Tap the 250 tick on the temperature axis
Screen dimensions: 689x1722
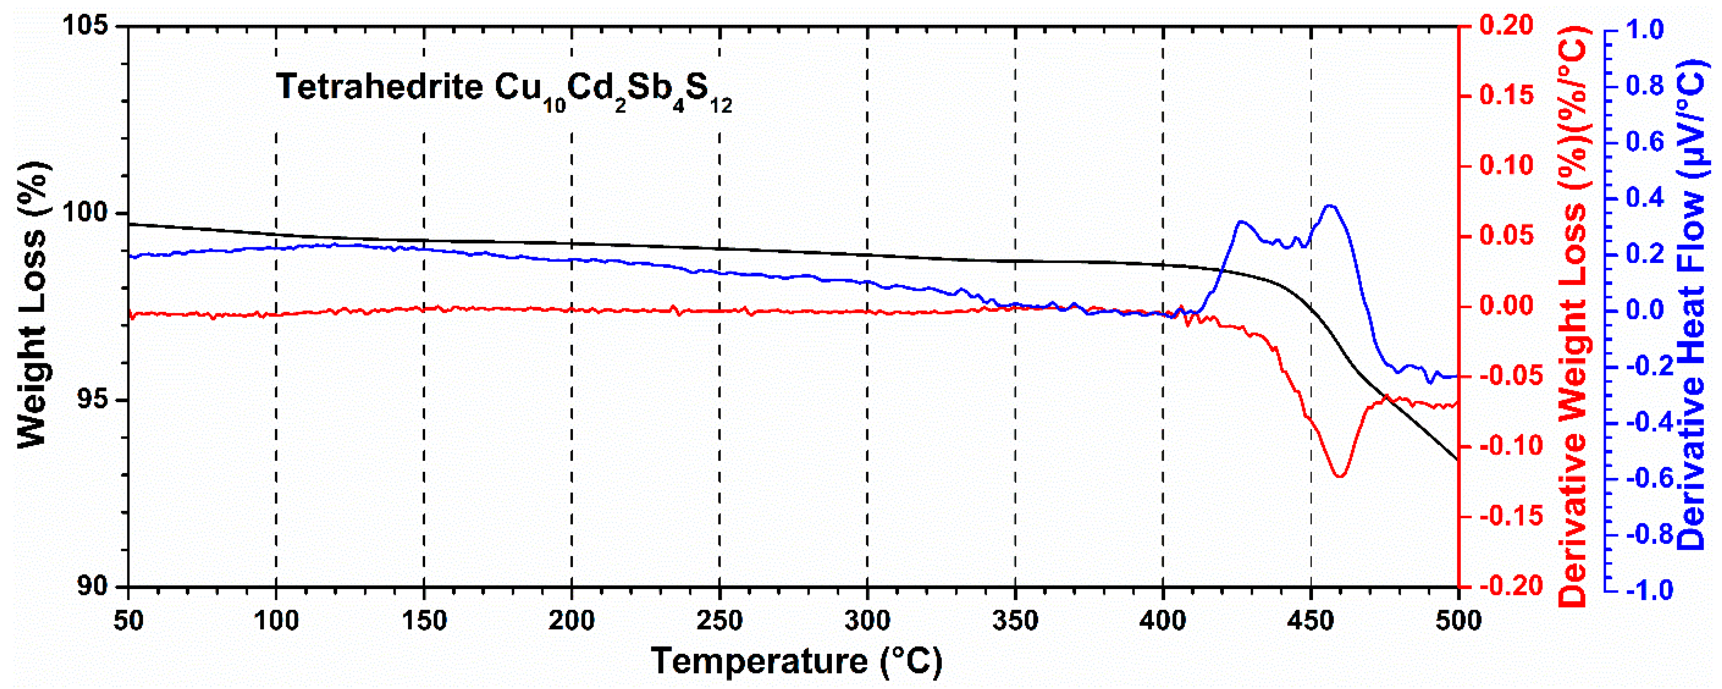pyautogui.click(x=719, y=621)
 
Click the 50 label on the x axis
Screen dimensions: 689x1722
pyautogui.click(x=128, y=621)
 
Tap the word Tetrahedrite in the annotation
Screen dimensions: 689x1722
pyautogui.click(x=380, y=87)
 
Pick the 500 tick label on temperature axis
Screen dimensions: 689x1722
pyautogui.click(x=1458, y=621)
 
